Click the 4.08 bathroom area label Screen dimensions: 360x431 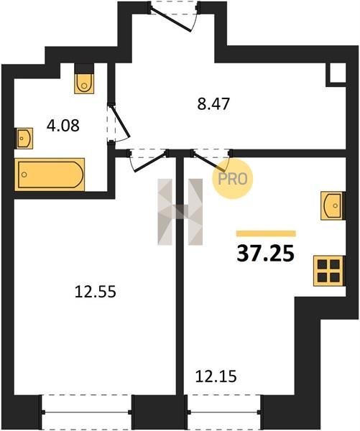coord(63,126)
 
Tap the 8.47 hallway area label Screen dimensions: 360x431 coord(213,104)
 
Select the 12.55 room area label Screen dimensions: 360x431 coord(96,292)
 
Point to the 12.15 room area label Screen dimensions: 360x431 coord(216,376)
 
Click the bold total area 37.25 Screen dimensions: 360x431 coord(266,254)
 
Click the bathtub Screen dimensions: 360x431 coord(50,175)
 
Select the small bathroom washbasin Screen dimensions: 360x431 coord(24,138)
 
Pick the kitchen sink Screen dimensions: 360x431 coord(333,205)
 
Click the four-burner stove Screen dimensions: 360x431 coord(328,271)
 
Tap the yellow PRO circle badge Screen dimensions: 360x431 coord(232,179)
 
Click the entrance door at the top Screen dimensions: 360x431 coord(174,17)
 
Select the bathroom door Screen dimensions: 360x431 coord(118,123)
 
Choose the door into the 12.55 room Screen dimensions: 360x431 coord(147,160)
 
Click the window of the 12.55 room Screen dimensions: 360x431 coord(86,412)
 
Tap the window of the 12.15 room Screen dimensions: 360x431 coord(224,412)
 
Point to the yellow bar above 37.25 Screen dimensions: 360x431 coord(266,233)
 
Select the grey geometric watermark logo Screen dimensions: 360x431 coord(180,212)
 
